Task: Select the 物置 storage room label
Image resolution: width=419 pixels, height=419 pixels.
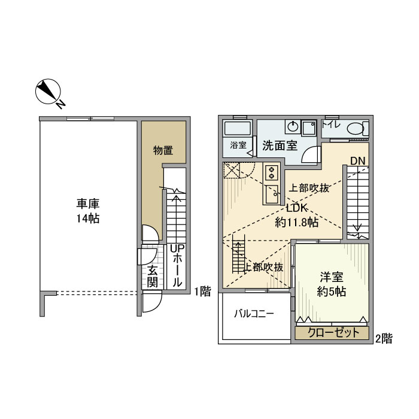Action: (163, 150)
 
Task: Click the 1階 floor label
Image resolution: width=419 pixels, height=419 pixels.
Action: (202, 292)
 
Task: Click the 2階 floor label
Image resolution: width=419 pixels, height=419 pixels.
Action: (383, 338)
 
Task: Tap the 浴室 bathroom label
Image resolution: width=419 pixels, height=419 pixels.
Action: (238, 145)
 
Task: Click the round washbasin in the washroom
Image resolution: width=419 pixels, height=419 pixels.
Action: (292, 127)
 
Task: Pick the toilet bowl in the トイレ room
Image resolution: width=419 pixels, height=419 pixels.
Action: (356, 128)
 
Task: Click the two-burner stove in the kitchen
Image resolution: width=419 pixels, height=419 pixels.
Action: (271, 172)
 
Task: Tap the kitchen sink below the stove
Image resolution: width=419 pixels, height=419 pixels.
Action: (271, 193)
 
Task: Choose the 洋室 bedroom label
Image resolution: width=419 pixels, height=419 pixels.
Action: (330, 277)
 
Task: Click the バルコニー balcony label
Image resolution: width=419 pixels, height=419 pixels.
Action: (254, 313)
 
